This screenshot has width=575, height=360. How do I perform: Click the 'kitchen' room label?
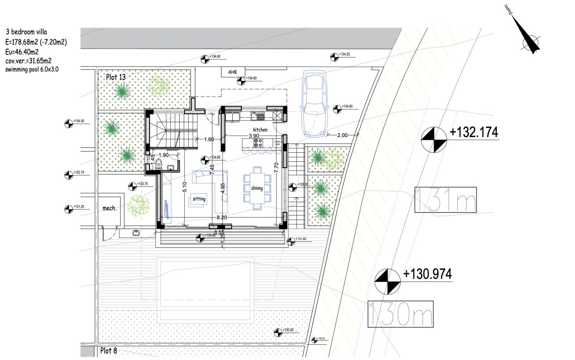[260, 129]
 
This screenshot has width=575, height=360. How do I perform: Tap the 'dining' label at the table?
[257, 188]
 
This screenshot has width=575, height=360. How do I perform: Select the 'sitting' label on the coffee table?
[199, 198]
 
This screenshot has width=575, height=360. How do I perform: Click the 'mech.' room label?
[110, 208]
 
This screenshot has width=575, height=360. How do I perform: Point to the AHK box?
[232, 72]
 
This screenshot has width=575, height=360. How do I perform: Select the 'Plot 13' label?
[116, 77]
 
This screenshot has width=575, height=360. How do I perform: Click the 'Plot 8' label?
[108, 351]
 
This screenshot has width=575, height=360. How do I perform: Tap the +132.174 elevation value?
[474, 133]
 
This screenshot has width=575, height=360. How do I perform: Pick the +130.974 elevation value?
[427, 274]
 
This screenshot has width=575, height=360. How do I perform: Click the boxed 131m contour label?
[445, 200]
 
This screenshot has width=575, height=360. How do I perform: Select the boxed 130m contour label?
[400, 314]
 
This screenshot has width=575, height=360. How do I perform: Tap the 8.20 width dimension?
[221, 217]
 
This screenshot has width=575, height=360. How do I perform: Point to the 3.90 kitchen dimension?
[254, 135]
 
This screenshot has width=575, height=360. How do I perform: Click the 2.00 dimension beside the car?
[342, 135]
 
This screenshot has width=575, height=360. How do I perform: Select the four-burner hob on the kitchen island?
[258, 143]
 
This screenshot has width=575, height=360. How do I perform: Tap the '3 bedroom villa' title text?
[26, 32]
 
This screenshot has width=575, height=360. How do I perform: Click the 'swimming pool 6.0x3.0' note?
[32, 70]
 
